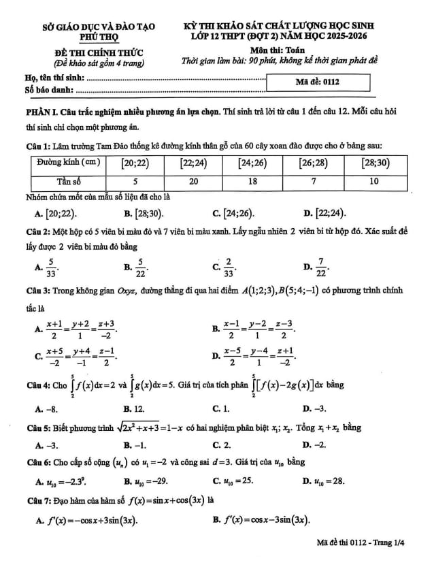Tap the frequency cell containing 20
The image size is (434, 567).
pyautogui.click(x=193, y=182)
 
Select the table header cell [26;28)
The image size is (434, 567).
pyautogui.click(x=313, y=164)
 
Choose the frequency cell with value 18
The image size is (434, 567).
pyautogui.click(x=252, y=182)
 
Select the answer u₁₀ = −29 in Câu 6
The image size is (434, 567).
pyautogui.click(x=147, y=481)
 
